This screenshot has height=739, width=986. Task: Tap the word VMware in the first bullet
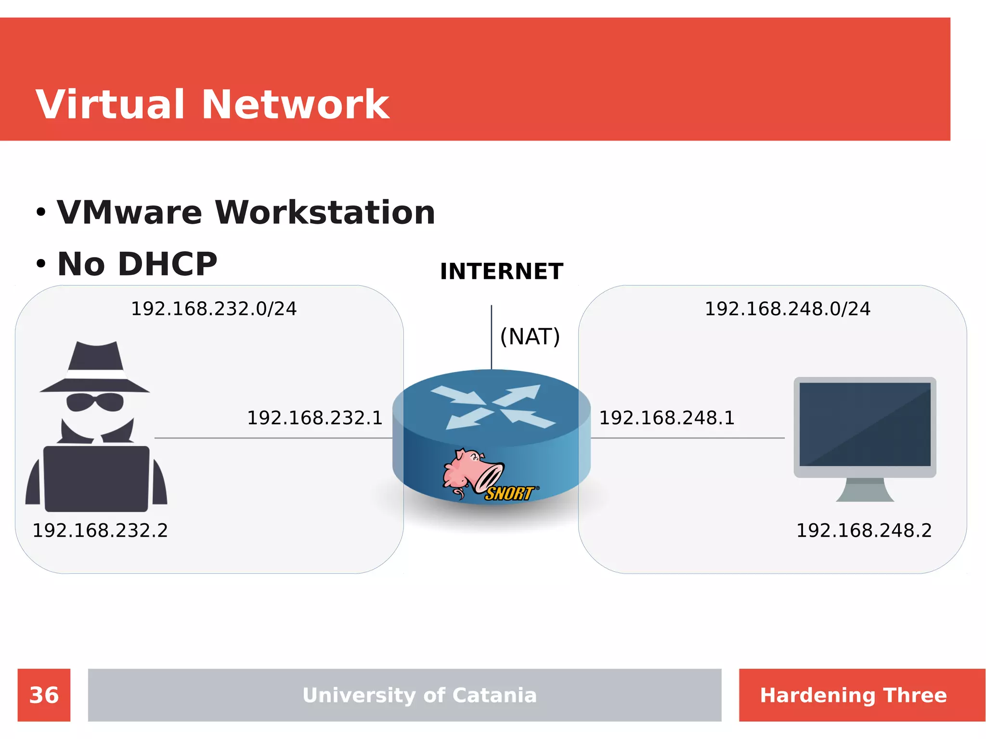tap(129, 213)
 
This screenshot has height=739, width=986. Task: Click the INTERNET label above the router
tap(501, 272)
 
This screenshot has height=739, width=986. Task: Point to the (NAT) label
tap(530, 337)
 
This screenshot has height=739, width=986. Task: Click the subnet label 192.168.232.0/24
tap(214, 309)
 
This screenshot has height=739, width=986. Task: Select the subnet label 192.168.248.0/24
tap(787, 309)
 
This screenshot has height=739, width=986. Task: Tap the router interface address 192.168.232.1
tap(314, 418)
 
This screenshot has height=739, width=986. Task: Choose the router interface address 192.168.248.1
tap(666, 418)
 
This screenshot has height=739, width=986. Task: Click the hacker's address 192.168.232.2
tap(100, 531)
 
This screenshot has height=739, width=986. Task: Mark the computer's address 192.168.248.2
tap(864, 531)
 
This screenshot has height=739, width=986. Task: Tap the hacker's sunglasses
tap(95, 402)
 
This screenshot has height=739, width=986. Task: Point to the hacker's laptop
tap(96, 479)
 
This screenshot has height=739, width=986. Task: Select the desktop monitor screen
tap(865, 424)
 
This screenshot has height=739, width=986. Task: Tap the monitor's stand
tap(865, 491)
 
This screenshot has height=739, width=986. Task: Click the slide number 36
tap(44, 695)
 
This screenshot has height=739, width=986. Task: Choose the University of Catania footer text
tap(419, 695)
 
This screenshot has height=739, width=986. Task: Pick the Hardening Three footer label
tap(853, 695)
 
